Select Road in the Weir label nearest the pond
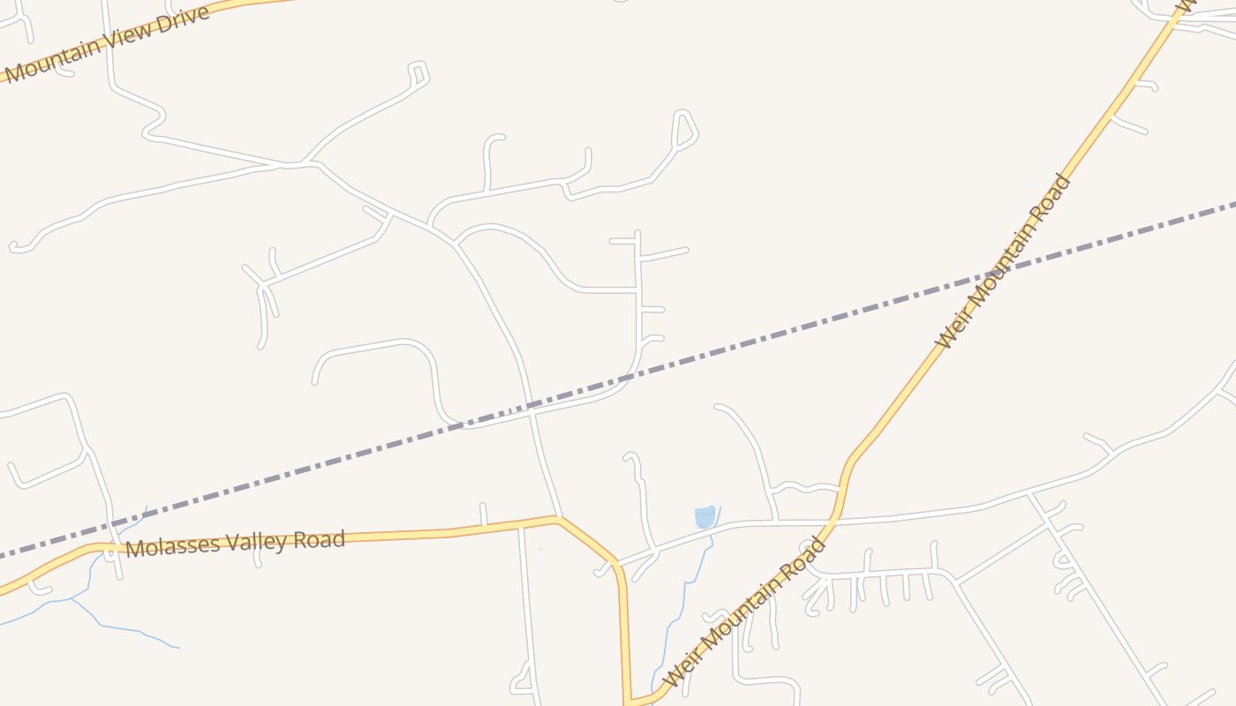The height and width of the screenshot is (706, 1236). point(804,555)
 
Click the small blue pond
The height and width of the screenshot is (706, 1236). point(705,516)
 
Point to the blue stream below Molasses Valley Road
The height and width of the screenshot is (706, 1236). point(124,628)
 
